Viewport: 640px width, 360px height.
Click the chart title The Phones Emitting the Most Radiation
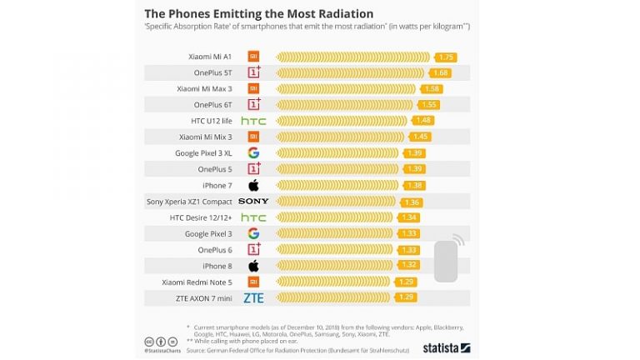point(259,13)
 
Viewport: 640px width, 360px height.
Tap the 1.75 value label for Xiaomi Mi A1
point(446,57)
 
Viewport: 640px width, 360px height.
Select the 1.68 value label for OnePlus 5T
point(441,72)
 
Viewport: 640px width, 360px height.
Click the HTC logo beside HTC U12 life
point(253,121)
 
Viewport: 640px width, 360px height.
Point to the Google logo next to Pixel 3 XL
point(253,152)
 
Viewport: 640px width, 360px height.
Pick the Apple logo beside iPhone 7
point(253,185)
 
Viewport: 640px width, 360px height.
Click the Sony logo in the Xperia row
point(253,201)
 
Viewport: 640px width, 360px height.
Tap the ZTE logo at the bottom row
point(253,297)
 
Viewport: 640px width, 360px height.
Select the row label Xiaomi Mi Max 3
point(203,88)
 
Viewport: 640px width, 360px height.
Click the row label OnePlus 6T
point(212,105)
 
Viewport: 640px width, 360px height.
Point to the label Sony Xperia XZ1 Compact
point(190,202)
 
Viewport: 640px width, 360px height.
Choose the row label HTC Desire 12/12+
point(201,217)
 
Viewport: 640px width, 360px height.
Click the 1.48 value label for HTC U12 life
point(423,121)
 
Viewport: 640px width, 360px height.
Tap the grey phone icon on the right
point(446,260)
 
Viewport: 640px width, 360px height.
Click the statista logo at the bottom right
point(446,347)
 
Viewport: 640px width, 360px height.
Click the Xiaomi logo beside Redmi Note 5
point(253,282)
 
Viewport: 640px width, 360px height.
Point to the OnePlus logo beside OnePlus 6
point(253,249)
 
